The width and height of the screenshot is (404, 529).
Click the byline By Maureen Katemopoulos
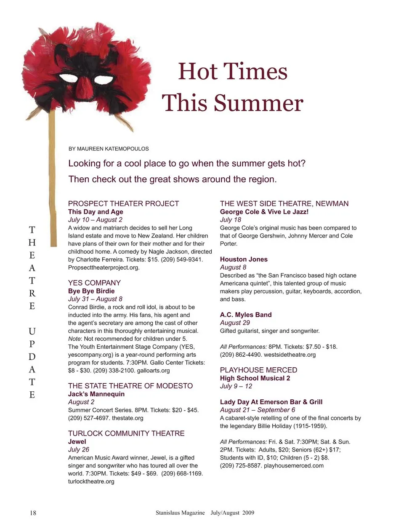point(109,149)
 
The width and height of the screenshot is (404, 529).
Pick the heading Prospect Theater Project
point(123,203)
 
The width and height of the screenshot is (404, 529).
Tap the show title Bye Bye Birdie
point(91,291)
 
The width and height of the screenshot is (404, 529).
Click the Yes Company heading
point(94,283)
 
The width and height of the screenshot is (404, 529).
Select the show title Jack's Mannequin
point(96,394)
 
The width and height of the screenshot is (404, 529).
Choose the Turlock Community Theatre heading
point(126,433)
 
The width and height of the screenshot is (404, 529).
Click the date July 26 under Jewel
point(79,449)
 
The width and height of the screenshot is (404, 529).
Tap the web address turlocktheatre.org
point(91,481)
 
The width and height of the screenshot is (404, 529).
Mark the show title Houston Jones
point(244,259)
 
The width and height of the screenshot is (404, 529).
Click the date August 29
point(235,323)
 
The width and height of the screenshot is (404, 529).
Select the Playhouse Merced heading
point(258,370)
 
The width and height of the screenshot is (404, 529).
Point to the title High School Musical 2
point(255,378)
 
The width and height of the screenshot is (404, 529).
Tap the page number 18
point(33,513)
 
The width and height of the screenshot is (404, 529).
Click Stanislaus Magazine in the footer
point(180,513)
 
